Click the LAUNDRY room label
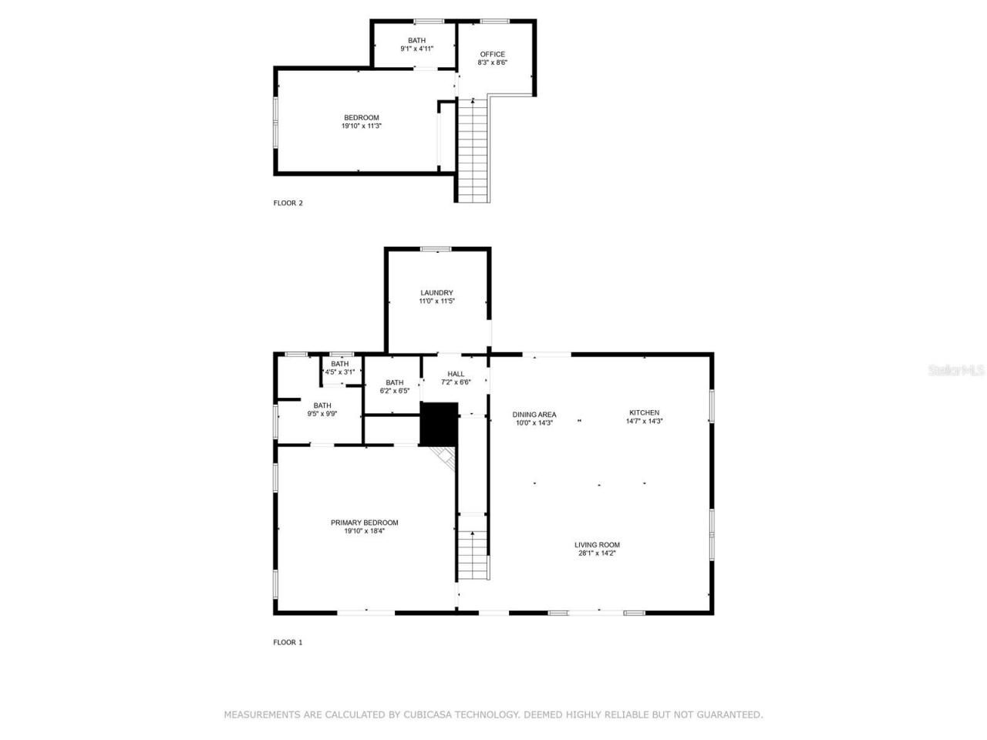(436, 293)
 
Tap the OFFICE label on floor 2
(492, 54)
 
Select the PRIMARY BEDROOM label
(365, 523)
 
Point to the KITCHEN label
(644, 413)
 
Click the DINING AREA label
(534, 415)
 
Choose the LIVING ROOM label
(597, 545)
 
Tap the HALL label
(456, 374)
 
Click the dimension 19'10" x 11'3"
(362, 126)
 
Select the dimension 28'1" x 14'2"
(597, 553)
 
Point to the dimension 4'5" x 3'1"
(339, 372)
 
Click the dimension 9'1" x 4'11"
(416, 49)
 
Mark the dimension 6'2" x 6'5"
(394, 391)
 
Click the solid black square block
(439, 424)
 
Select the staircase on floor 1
(473, 555)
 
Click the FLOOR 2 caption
(288, 203)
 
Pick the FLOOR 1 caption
(288, 642)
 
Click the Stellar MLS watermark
(956, 371)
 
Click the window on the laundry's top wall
(436, 249)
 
